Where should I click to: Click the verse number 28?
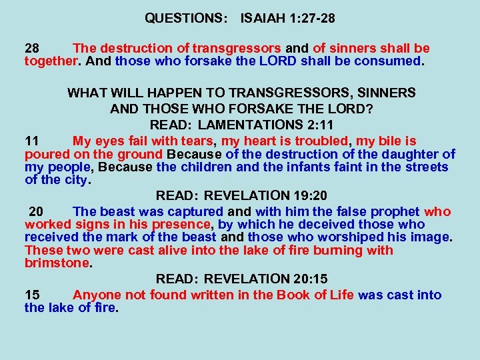(32, 49)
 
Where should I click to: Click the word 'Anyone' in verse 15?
(97, 295)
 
